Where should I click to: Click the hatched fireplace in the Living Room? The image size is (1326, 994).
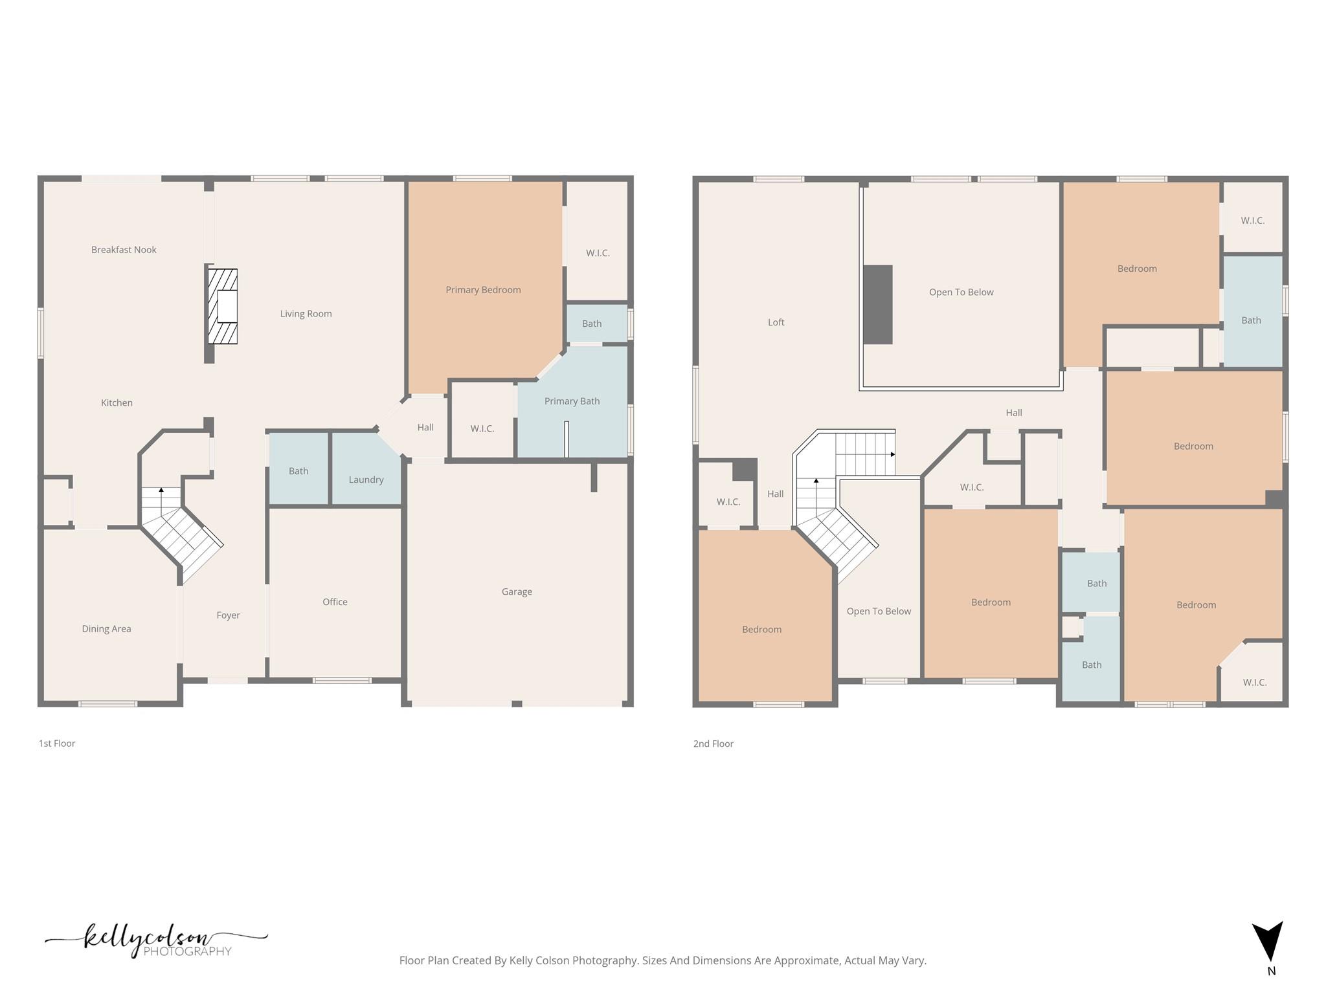point(223,306)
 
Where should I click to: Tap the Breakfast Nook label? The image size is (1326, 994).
point(124,250)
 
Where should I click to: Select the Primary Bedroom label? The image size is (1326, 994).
point(483,290)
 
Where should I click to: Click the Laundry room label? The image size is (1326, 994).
point(366,480)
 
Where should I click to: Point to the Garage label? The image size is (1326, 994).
point(517,591)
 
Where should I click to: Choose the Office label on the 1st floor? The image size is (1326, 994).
point(335,602)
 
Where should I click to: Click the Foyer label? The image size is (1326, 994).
point(228,615)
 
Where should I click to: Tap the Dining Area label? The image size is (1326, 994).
point(106,629)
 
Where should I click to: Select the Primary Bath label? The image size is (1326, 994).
point(572,401)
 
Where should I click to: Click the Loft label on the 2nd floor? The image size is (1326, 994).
point(776,322)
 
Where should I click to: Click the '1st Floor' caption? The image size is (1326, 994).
point(57,744)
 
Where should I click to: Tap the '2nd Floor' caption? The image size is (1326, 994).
point(713,744)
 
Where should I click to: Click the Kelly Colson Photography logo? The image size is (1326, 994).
point(155,941)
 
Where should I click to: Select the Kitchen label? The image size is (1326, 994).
point(117,403)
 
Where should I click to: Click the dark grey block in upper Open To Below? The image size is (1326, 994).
point(877,304)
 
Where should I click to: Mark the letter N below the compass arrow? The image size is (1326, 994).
point(1271,971)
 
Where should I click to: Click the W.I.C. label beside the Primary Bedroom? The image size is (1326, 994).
point(598,253)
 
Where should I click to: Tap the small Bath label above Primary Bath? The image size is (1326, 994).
point(592,324)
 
